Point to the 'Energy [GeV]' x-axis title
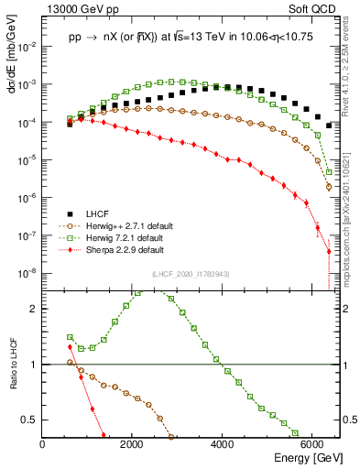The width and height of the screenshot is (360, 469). click(302, 458)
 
